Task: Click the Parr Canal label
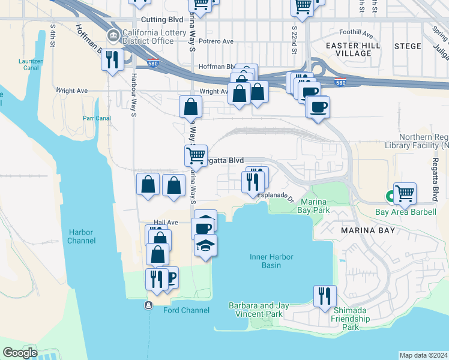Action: tap(98, 118)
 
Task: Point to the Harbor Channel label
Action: tap(82, 236)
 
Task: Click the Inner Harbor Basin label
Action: tap(271, 261)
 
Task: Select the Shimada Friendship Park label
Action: tap(351, 323)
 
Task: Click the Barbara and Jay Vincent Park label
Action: tap(259, 310)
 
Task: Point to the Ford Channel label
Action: tap(187, 310)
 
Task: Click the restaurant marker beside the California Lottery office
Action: tap(112, 59)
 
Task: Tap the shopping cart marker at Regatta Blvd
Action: tap(196, 155)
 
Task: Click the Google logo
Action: tap(20, 353)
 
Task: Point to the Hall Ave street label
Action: tap(166, 222)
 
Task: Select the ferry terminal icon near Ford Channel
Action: tap(148, 305)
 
